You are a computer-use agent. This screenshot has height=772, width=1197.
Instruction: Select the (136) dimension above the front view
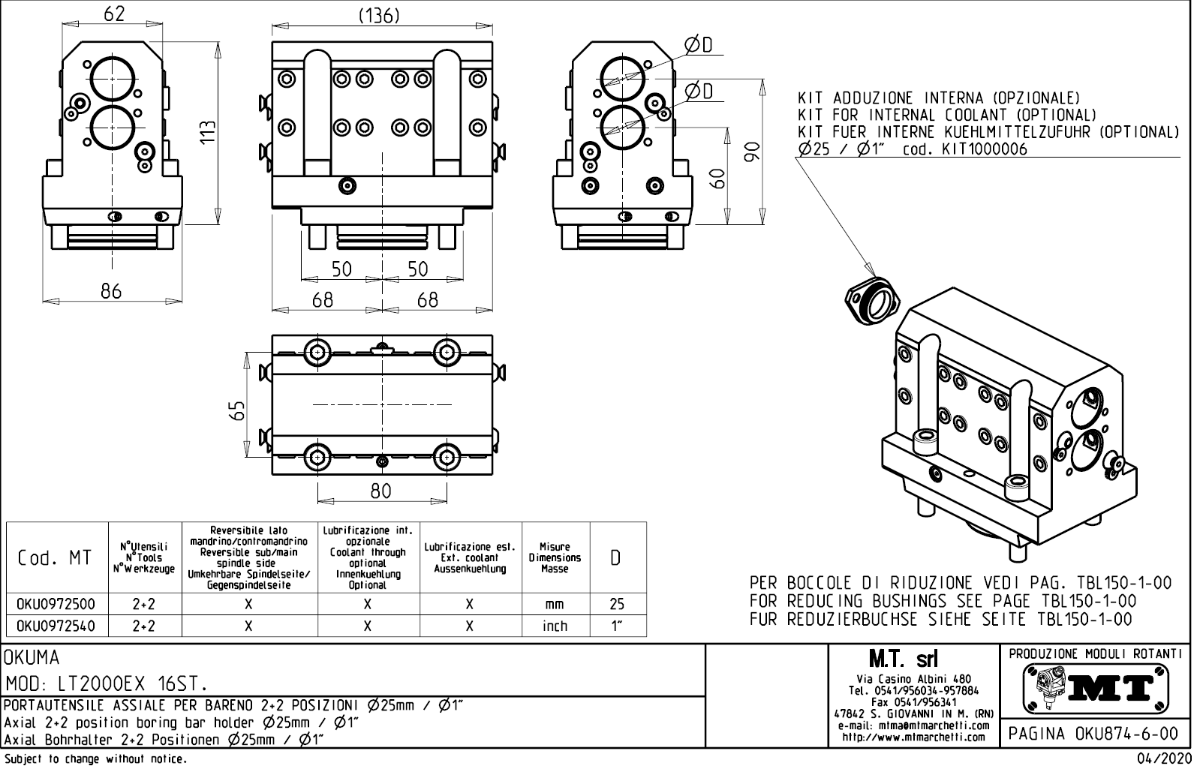click(x=379, y=15)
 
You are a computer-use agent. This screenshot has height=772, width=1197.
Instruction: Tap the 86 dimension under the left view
click(x=111, y=291)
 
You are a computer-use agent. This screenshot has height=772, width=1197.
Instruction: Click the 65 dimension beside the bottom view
click(x=236, y=410)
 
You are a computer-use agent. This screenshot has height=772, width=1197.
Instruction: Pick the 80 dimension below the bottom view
click(x=381, y=491)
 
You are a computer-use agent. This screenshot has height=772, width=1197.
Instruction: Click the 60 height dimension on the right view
click(x=718, y=178)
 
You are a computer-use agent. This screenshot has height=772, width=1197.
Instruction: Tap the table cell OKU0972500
click(x=56, y=604)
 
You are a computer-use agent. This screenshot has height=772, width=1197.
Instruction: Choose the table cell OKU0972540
click(x=56, y=626)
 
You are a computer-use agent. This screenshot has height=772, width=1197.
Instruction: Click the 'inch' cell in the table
click(x=555, y=626)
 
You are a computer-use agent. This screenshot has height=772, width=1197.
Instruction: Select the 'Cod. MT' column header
click(x=56, y=557)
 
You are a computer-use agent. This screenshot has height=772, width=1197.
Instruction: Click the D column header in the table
click(x=615, y=557)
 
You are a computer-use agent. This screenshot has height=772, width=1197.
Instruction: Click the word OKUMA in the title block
click(x=32, y=658)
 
